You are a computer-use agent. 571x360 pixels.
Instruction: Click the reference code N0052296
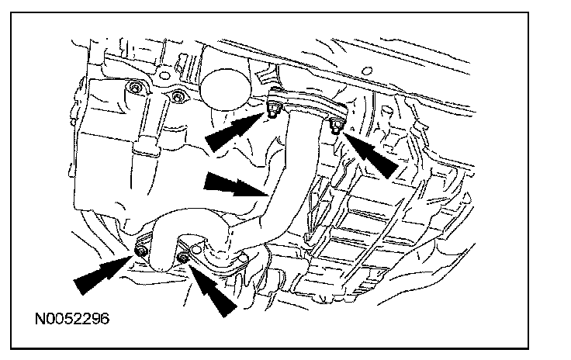(71, 318)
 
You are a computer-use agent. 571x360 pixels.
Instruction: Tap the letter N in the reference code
(39, 318)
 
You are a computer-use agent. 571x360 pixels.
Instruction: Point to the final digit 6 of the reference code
(103, 318)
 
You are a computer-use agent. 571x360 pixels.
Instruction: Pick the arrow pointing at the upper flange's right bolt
(368, 151)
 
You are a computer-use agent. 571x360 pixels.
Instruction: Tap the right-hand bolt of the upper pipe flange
(335, 126)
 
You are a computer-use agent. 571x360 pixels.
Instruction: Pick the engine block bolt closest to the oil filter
(178, 96)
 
